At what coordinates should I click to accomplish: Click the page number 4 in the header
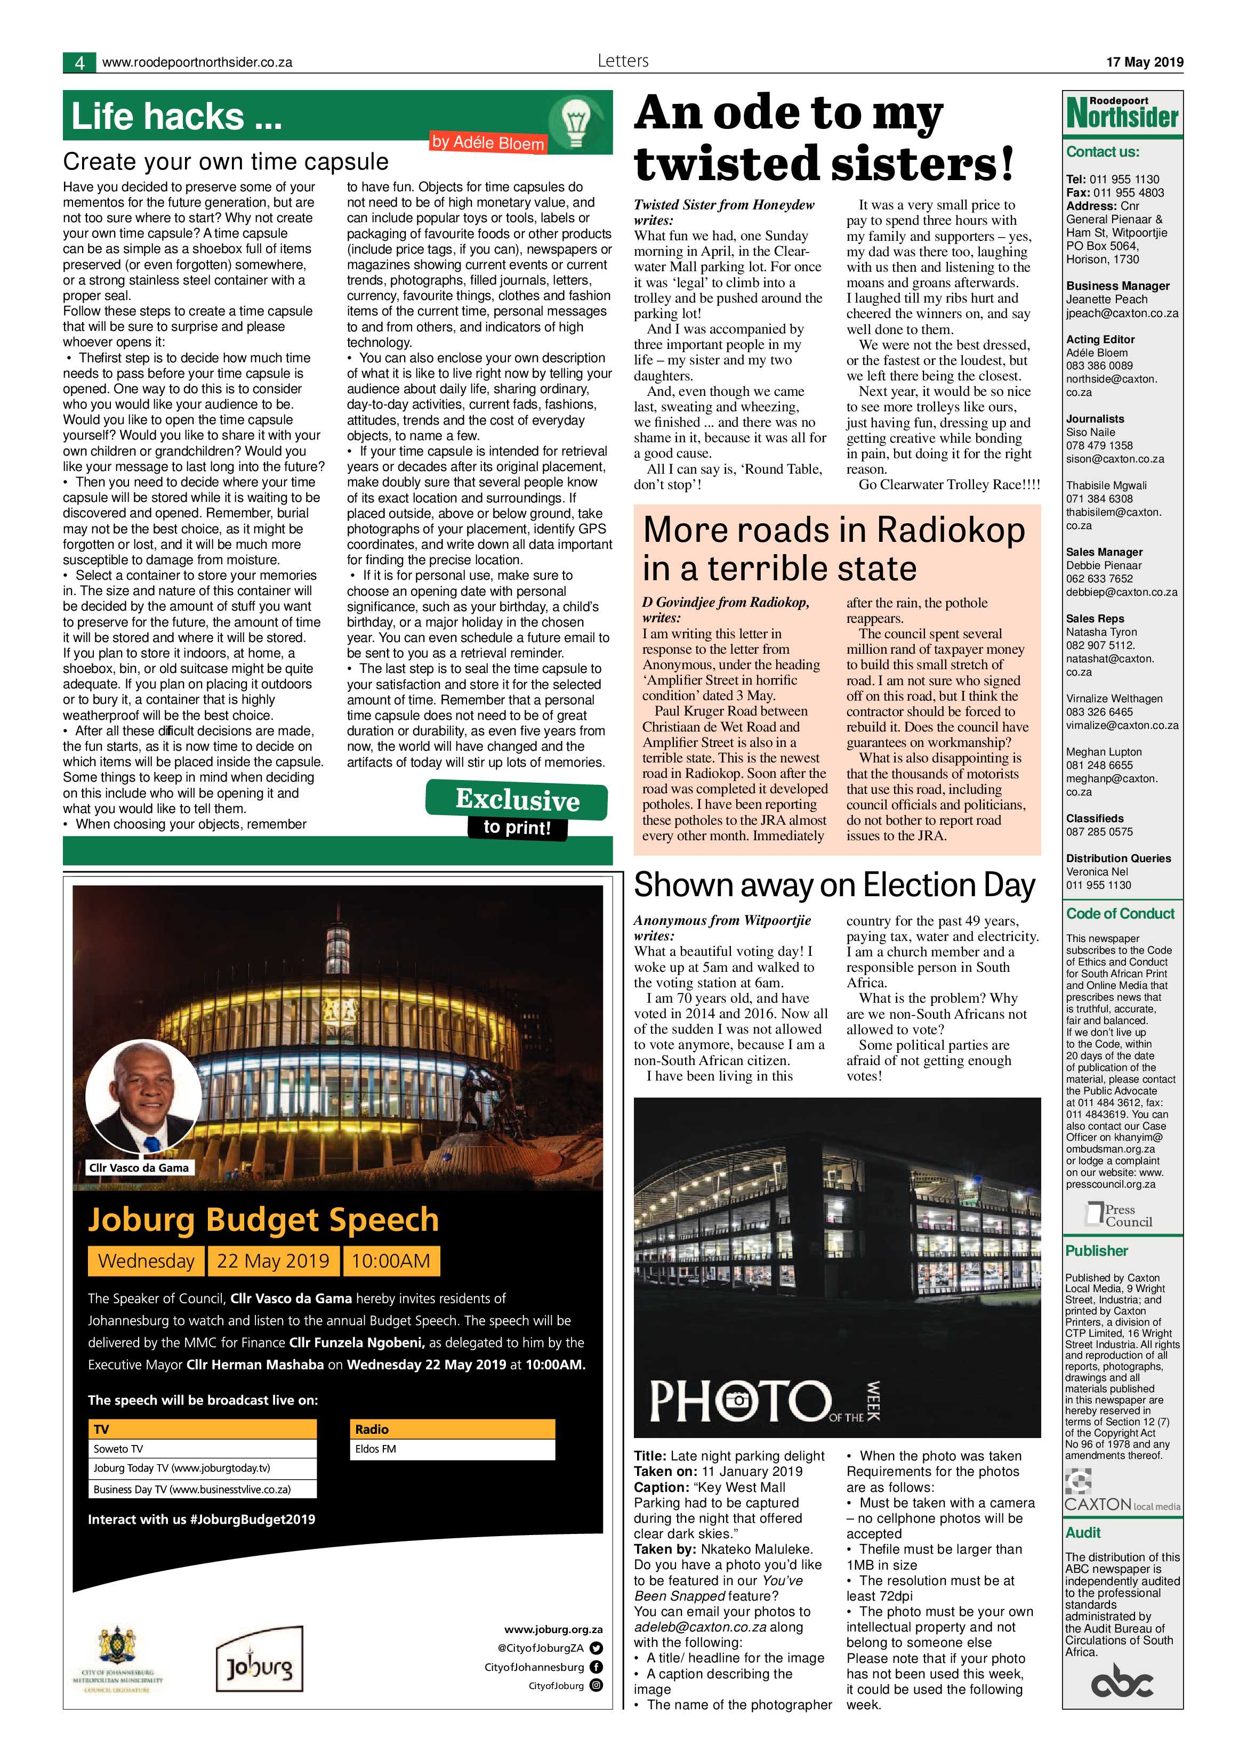(x=79, y=63)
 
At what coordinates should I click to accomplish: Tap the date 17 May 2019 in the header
(x=1144, y=62)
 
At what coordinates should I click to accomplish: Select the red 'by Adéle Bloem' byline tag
(x=488, y=142)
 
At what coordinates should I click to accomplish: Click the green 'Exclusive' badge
(x=517, y=800)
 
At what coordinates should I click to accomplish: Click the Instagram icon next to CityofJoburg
(x=596, y=1686)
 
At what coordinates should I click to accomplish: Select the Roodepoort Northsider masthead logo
(x=1122, y=113)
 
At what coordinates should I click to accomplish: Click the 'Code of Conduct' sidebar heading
(x=1120, y=913)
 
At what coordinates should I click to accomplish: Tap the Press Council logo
(x=1119, y=1215)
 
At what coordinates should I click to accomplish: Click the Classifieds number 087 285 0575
(x=1099, y=831)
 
